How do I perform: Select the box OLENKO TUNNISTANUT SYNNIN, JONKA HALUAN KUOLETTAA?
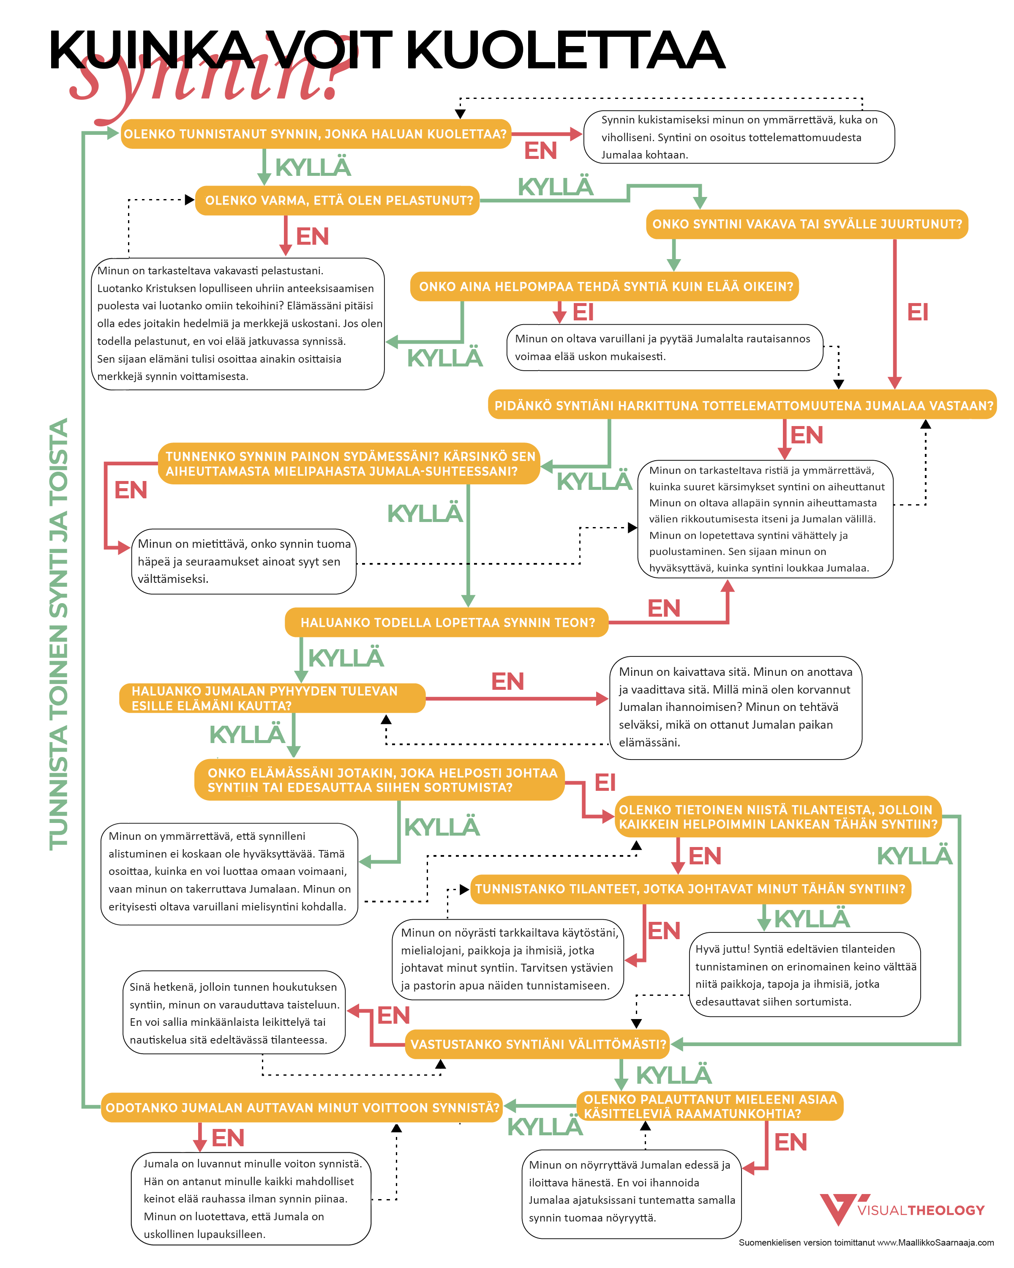[316, 134]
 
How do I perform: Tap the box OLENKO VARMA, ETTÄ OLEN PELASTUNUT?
[338, 200]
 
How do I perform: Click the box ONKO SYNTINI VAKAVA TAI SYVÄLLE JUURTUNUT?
[807, 224]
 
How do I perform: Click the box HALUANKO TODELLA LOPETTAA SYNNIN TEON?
[447, 622]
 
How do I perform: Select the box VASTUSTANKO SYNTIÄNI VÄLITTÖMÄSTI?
[537, 1044]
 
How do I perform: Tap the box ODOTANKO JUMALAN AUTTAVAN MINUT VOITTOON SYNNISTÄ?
[302, 1107]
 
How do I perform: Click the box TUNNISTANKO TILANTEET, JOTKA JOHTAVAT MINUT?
[691, 889]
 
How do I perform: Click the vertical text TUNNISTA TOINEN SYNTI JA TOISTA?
[59, 634]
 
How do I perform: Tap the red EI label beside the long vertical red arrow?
[918, 312]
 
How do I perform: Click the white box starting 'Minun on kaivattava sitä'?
[736, 708]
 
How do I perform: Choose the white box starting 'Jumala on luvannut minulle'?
[251, 1199]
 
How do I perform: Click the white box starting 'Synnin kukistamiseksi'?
[739, 137]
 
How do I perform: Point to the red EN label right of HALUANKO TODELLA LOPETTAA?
[664, 609]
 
